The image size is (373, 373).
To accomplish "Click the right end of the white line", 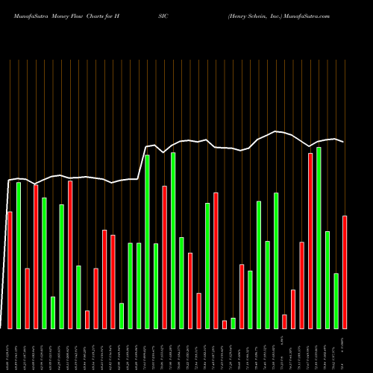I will point(344,142).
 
